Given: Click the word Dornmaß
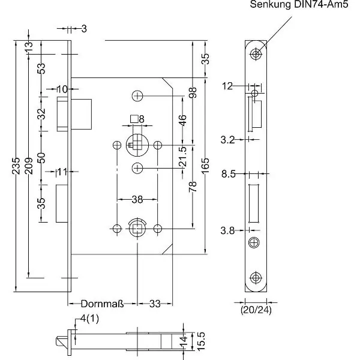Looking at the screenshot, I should pos(101,304).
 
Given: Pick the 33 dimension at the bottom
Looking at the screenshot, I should pos(155,304).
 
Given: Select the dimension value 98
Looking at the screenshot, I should pos(192,94).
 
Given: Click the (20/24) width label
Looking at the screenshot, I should pos(255,311).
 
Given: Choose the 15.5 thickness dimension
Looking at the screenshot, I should pos(202,342).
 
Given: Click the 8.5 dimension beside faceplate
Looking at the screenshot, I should pos(228,175).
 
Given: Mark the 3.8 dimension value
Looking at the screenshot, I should pos(228,230).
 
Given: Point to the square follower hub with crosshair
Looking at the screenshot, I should pos(137,145).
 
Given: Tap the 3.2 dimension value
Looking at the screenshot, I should pos(228,140).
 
